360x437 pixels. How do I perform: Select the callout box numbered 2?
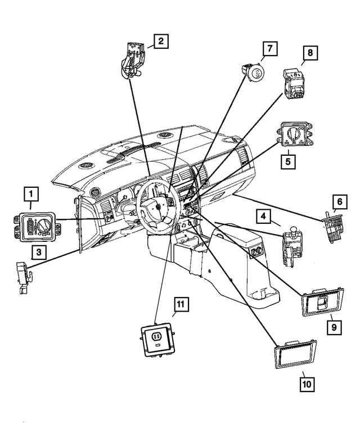click(160, 40)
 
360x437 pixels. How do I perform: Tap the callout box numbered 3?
click(38, 253)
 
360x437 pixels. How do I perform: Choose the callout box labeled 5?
click(289, 161)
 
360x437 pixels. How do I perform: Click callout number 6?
click(339, 201)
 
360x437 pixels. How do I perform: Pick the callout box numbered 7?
click(269, 49)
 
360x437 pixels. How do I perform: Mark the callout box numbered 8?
click(309, 53)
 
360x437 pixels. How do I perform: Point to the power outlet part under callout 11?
click(156, 339)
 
